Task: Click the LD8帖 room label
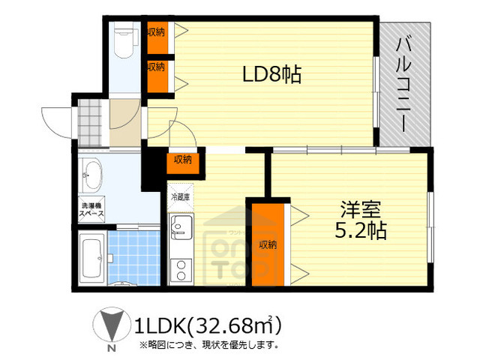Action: tap(271, 75)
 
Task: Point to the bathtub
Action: tap(93, 259)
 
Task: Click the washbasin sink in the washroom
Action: tap(92, 177)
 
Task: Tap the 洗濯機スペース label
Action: tap(91, 211)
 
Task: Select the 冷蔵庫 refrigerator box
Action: tap(181, 197)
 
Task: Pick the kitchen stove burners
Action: tap(181, 268)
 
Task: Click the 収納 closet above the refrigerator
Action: tap(182, 159)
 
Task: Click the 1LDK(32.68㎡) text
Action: tap(207, 325)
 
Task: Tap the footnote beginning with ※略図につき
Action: tap(208, 346)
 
